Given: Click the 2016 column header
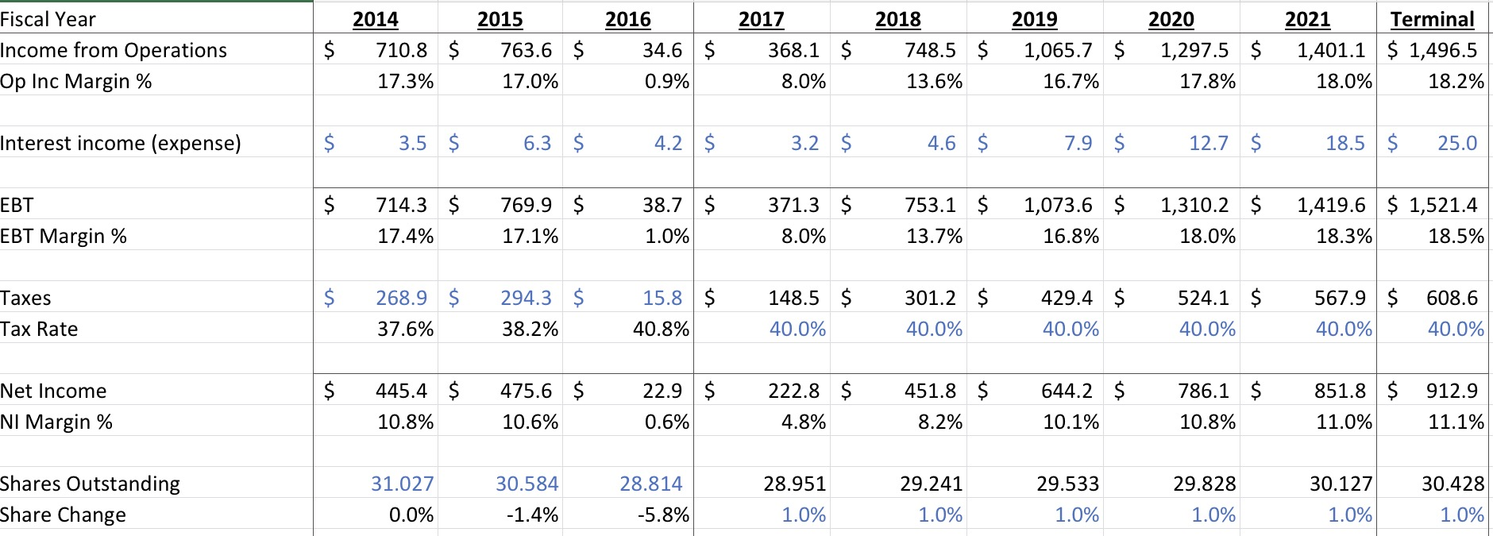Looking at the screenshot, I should click(627, 19).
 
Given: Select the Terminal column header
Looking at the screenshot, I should click(1433, 19).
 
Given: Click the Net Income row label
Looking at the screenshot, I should click(53, 391).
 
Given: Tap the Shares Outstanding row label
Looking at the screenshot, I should click(90, 484).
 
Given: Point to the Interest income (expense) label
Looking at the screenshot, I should click(120, 143).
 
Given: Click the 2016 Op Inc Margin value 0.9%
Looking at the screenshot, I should click(666, 81).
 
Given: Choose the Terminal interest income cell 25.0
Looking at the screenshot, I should click(1456, 143).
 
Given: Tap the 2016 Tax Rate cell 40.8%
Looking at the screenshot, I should click(661, 329).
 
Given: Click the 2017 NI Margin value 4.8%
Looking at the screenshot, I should click(803, 422).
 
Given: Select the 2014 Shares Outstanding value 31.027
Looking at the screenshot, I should click(402, 484).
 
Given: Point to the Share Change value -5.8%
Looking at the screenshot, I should click(663, 515).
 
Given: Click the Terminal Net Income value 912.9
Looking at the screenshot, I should click(1452, 391).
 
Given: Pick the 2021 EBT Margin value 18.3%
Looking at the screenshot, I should click(1344, 236).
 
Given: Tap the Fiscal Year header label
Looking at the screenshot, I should click(48, 19).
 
